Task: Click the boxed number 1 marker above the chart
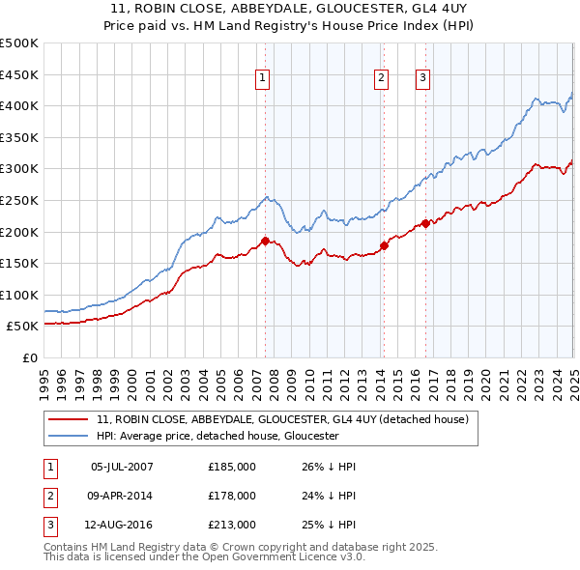click(x=262, y=79)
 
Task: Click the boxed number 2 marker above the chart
click(x=382, y=79)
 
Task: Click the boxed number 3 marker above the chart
click(x=423, y=79)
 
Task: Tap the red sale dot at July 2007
click(x=265, y=241)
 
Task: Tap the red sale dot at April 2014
click(x=384, y=245)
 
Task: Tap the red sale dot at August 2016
click(x=425, y=223)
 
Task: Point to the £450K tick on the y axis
click(x=19, y=74)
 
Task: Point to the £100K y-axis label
click(x=19, y=295)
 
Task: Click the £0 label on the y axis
click(x=29, y=358)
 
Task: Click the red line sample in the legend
click(x=69, y=419)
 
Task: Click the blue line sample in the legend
click(x=69, y=436)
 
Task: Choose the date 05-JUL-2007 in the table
click(x=122, y=467)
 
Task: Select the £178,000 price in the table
click(x=232, y=496)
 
